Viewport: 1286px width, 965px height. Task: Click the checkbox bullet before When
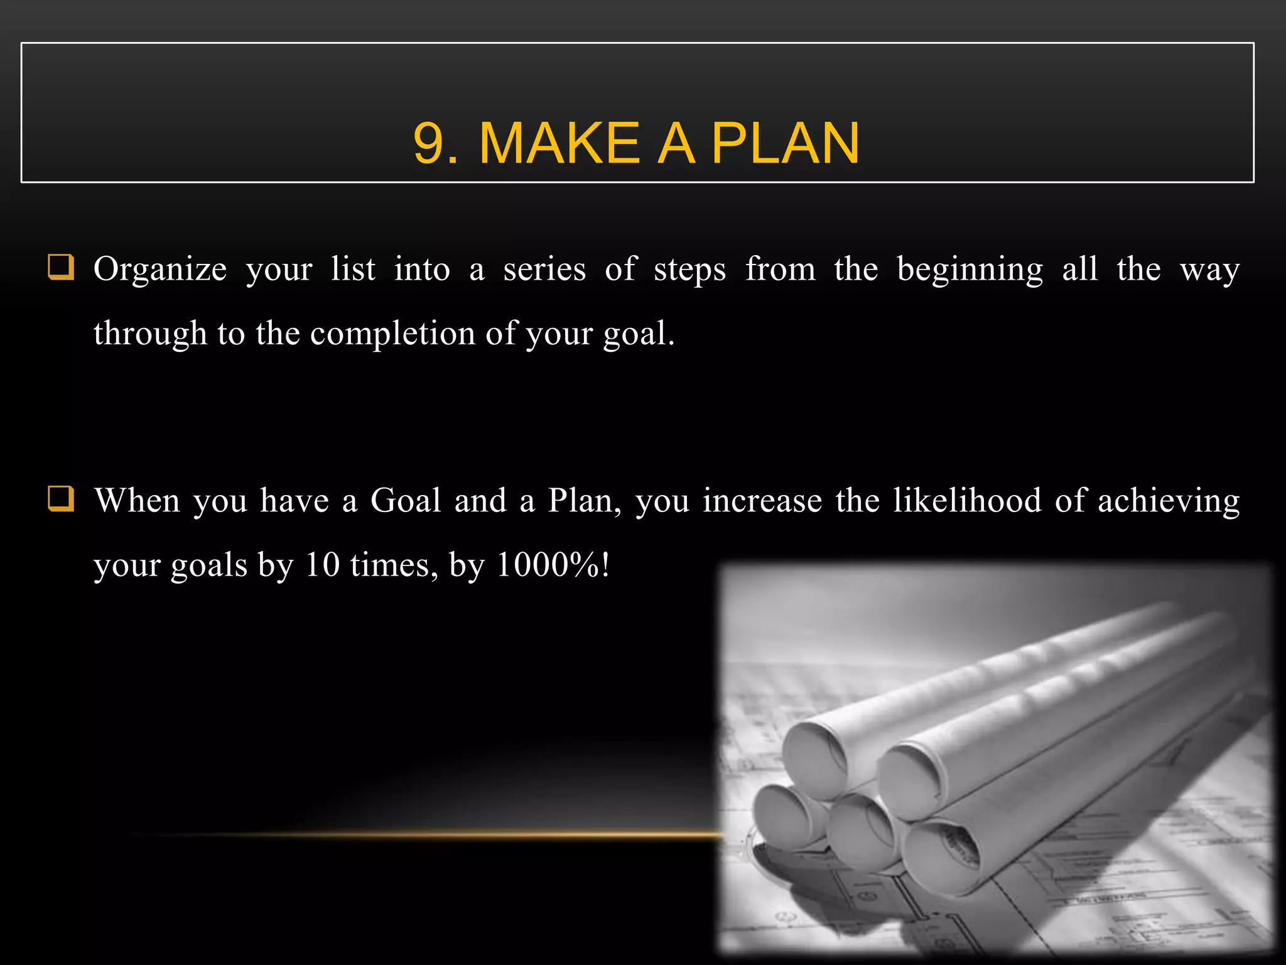(x=61, y=499)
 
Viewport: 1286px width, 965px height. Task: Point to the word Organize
(x=159, y=270)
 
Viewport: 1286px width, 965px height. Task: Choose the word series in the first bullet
(x=544, y=270)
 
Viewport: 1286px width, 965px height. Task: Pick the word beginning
(x=970, y=270)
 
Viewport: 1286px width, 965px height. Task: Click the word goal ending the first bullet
(x=637, y=334)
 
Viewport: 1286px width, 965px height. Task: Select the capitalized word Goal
(x=406, y=501)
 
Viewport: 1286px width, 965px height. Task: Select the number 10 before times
(x=321, y=565)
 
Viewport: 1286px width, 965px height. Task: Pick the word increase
(x=762, y=501)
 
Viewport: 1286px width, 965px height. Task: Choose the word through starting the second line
(x=150, y=334)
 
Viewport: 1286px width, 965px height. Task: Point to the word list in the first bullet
(x=353, y=269)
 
